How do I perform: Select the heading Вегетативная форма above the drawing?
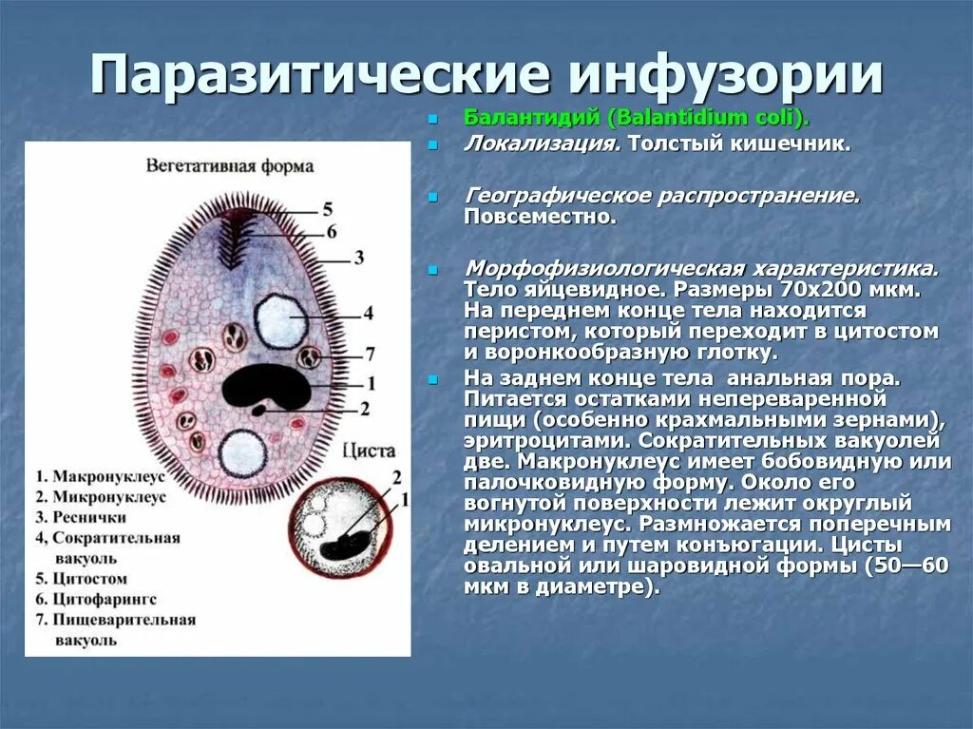229,165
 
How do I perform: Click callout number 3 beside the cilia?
358,257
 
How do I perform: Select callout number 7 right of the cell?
370,354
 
